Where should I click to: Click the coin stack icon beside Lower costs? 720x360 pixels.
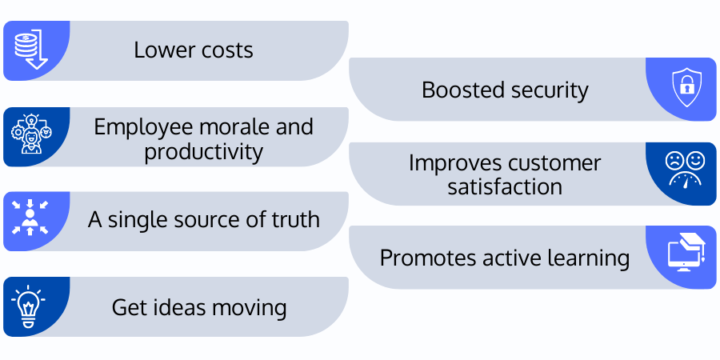30,50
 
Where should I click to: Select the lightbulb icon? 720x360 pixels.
28,307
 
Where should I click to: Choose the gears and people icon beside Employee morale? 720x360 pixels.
30,136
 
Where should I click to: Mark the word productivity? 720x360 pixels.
203,151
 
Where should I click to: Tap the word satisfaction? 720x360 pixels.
504,187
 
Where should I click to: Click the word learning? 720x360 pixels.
586,258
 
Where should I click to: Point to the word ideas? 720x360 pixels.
170,306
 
